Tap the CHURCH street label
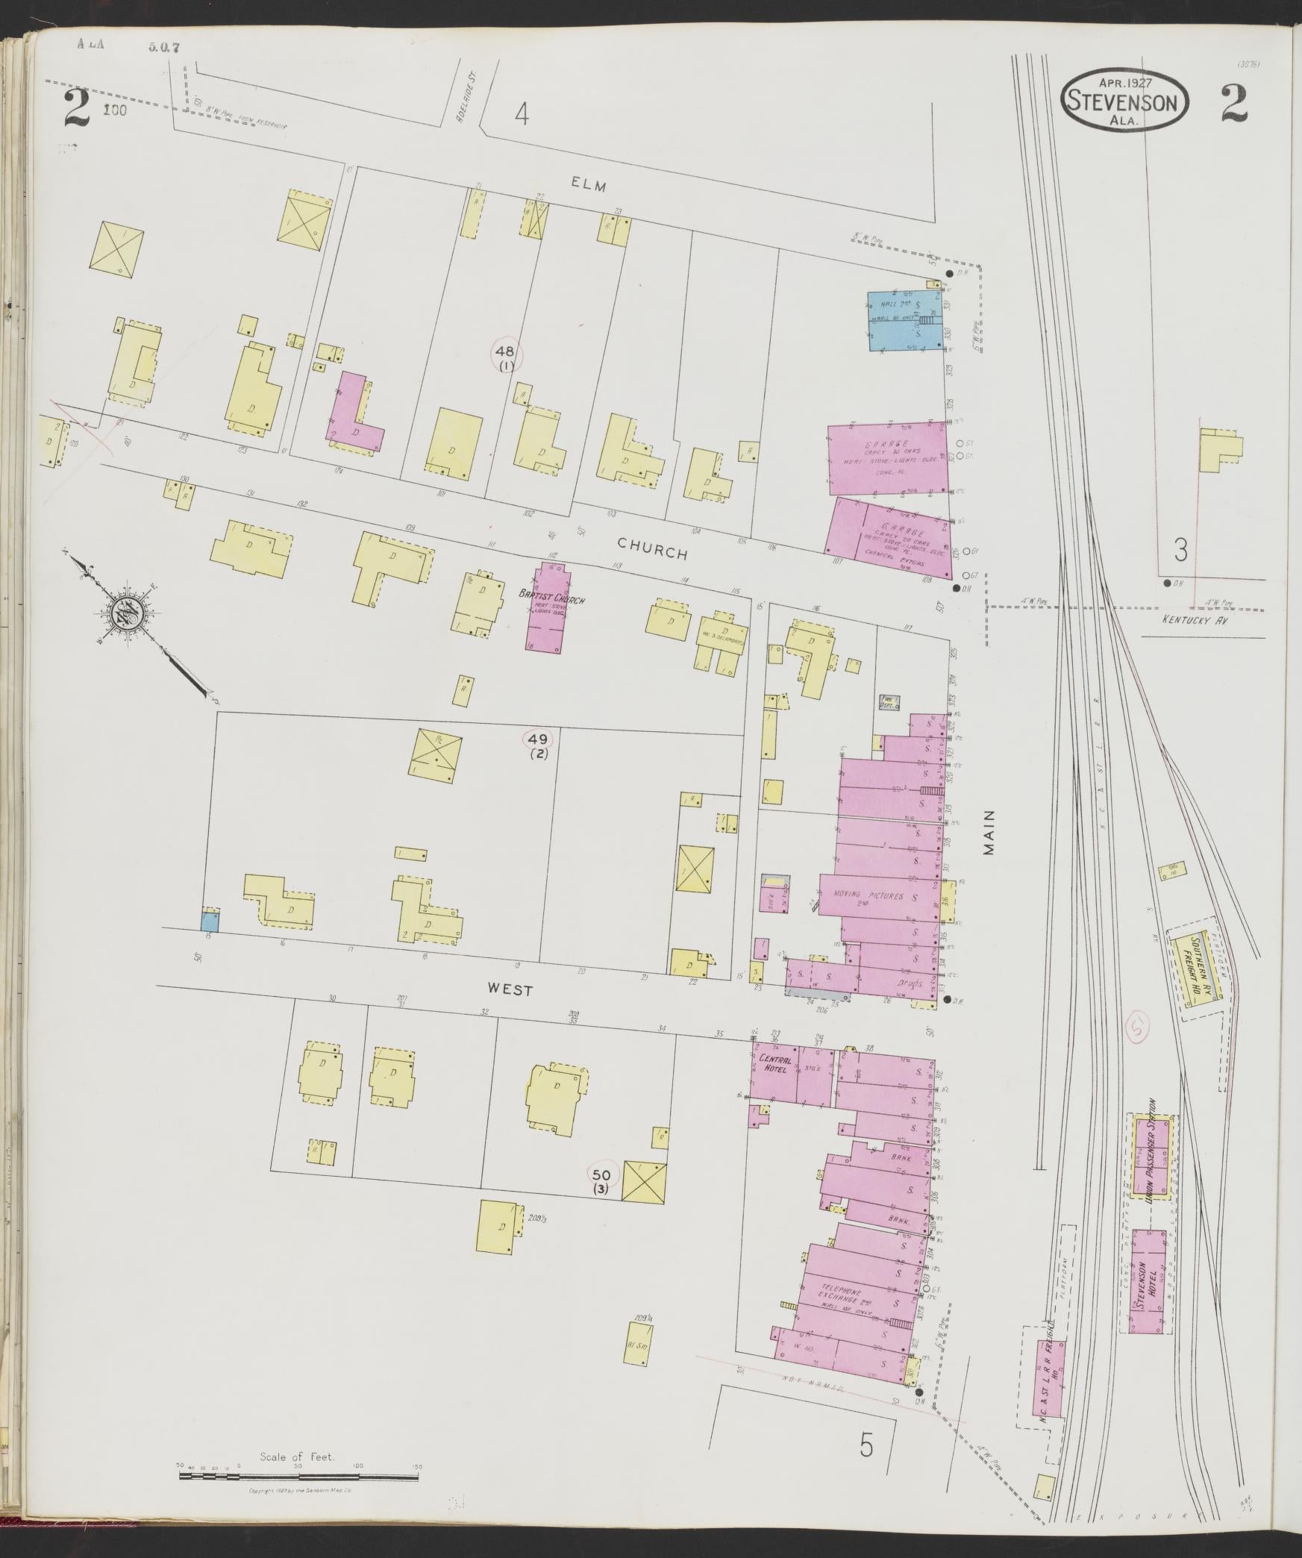(651, 552)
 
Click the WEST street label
(510, 990)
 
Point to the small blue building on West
(210, 919)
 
